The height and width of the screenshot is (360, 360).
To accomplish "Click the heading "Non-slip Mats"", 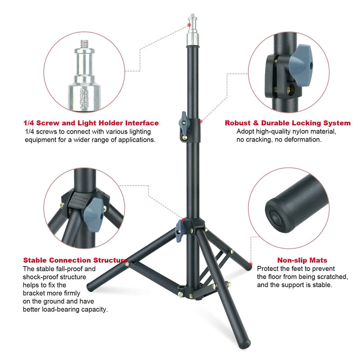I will [302, 260].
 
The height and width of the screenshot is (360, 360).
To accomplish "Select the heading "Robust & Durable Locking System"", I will [288, 123].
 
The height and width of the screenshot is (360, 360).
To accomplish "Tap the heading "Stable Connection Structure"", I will [75, 260].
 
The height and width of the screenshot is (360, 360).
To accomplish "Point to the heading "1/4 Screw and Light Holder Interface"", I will [91, 123].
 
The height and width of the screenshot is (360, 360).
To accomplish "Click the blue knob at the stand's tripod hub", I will [180, 229].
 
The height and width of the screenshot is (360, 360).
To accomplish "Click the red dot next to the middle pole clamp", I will [201, 121].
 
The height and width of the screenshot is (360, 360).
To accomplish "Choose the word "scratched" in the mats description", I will [330, 276].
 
